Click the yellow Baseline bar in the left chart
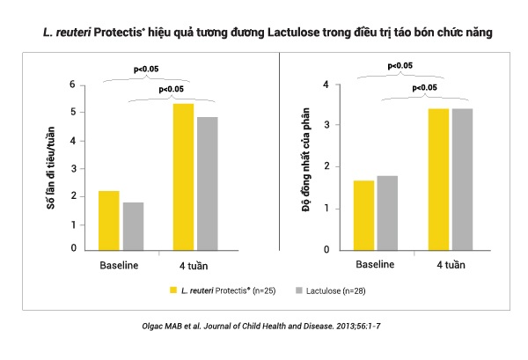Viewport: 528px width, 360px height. pyautogui.click(x=108, y=220)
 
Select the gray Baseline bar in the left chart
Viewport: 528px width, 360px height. pyautogui.click(x=133, y=226)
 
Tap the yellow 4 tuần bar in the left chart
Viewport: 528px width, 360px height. pyautogui.click(x=183, y=176)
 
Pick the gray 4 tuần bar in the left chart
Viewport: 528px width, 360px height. pyautogui.click(x=208, y=183)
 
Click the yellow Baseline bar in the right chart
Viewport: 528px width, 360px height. pyautogui.click(x=363, y=215)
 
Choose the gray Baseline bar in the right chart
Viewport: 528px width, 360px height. pyautogui.click(x=387, y=213)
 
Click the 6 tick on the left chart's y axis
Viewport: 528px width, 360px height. pyautogui.click(x=75, y=84)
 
